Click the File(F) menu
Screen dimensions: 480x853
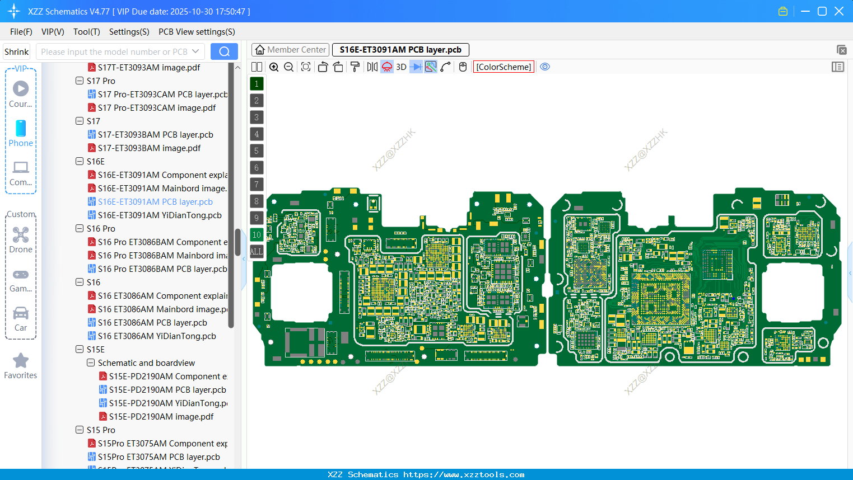tap(21, 32)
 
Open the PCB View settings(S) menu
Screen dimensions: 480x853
tap(197, 32)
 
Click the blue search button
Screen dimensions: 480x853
tap(224, 51)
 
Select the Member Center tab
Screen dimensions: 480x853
tap(291, 50)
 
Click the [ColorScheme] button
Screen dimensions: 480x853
tap(504, 67)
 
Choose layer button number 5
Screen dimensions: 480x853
tap(257, 151)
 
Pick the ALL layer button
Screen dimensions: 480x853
tap(257, 252)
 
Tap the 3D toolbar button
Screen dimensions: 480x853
tap(401, 67)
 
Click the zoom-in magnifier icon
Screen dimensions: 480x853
tap(274, 67)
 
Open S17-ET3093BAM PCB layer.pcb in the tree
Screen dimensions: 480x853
tap(155, 135)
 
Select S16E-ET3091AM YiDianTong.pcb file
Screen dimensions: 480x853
tap(160, 215)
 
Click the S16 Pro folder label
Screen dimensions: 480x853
tap(101, 229)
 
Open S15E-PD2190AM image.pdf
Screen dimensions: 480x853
tap(161, 417)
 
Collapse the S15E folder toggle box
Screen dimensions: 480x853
tap(80, 350)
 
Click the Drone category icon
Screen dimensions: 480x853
tap(21, 235)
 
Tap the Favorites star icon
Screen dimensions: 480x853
tap(21, 361)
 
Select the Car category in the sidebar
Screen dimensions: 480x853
tap(21, 318)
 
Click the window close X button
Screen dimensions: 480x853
tap(839, 11)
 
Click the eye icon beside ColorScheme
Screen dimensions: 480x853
tap(545, 67)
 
